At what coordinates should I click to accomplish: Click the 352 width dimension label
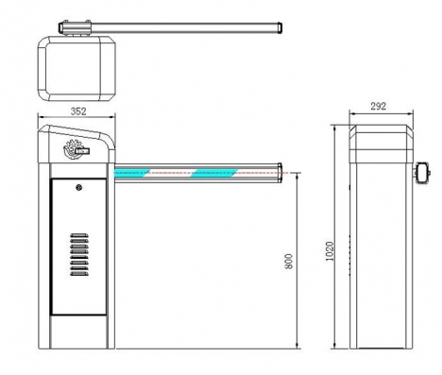78,111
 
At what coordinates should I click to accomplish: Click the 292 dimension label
378,106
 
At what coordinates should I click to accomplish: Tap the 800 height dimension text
288,262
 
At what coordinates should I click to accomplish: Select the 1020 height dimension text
330,251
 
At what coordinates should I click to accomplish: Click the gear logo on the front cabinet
74,148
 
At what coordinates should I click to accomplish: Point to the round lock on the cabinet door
79,188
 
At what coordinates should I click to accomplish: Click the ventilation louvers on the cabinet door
79,254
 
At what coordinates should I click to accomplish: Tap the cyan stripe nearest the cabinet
131,173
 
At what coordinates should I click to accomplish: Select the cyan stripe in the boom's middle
214,173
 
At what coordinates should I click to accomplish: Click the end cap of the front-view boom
280,173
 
